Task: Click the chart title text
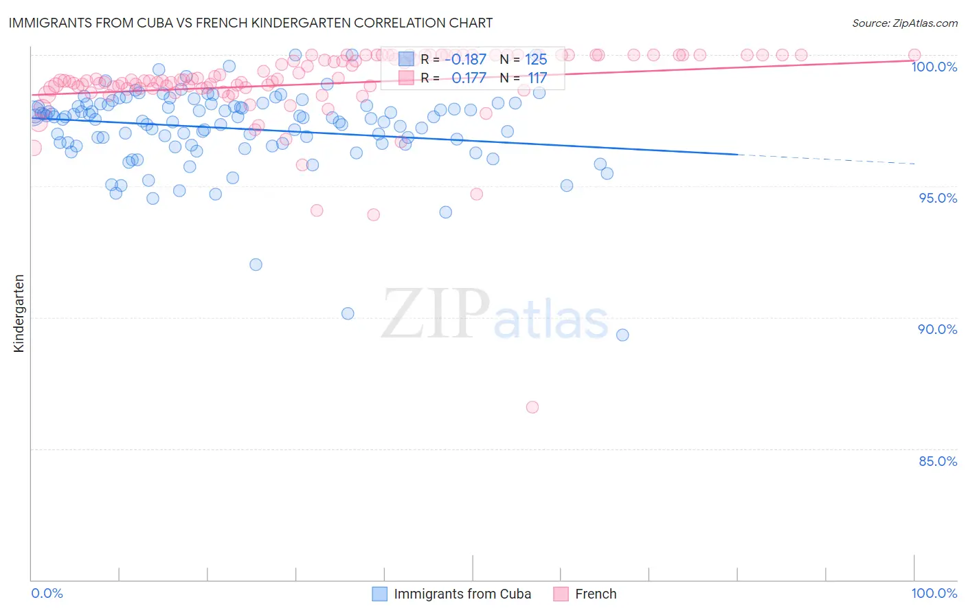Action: click(251, 23)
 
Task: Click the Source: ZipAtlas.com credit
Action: click(904, 23)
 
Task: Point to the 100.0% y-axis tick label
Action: click(934, 67)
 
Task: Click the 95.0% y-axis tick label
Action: click(938, 198)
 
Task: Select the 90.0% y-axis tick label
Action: click(937, 329)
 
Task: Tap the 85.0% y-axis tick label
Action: click(938, 461)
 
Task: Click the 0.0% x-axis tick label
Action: click(47, 594)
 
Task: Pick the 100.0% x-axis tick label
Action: click(934, 594)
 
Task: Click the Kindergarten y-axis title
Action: click(19, 313)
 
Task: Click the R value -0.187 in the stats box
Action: click(469, 60)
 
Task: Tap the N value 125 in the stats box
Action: click(536, 60)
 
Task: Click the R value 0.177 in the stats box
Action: click(469, 78)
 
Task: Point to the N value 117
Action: click(537, 78)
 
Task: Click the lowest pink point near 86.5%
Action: click(532, 407)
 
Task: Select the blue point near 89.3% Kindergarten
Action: click(622, 335)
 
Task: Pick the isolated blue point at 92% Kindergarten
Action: click(256, 265)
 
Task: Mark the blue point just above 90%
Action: click(348, 313)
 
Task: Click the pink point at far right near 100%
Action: click(914, 55)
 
